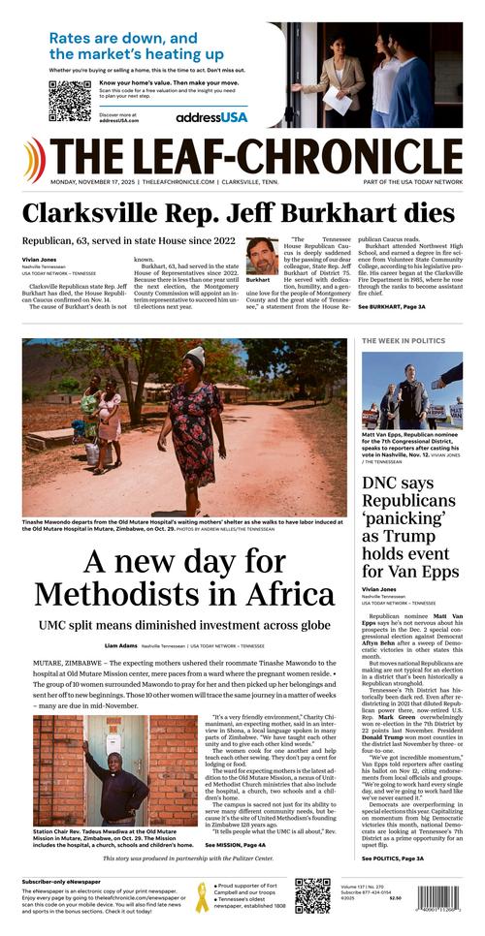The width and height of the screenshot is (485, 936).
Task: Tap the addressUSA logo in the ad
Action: [x=211, y=117]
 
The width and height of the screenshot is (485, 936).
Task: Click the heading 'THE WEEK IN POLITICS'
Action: [x=403, y=342]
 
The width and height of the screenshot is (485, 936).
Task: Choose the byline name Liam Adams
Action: [x=120, y=645]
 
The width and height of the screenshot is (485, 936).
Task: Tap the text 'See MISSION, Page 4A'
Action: [x=239, y=845]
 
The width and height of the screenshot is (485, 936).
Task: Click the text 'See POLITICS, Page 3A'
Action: [x=393, y=858]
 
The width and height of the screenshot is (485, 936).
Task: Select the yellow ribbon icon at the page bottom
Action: [x=202, y=896]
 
